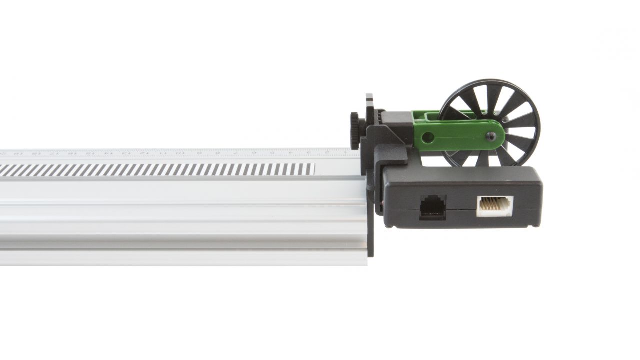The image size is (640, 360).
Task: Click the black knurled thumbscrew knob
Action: tap(354, 130)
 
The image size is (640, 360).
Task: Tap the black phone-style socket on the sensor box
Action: tap(432, 207)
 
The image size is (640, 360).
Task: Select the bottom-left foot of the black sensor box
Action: tap(390, 226)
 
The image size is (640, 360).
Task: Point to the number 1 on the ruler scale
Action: tap(344, 152)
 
